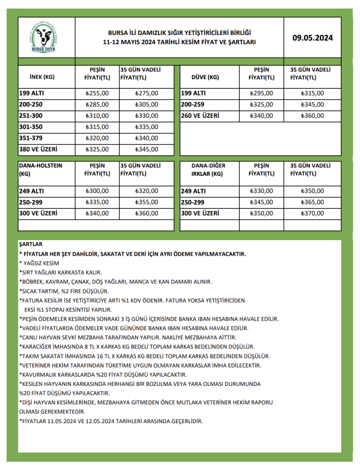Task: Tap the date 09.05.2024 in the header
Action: (x=313, y=38)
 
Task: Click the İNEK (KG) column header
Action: (x=42, y=77)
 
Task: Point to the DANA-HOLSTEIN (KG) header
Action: (x=40, y=170)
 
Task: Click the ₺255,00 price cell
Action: (x=97, y=93)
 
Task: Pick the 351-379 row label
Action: (x=29, y=138)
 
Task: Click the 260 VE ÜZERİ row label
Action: (x=200, y=116)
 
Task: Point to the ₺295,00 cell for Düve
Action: (x=261, y=93)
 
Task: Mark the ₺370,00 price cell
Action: (x=312, y=213)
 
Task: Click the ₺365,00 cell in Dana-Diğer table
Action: (x=312, y=202)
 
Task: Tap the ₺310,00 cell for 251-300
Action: (x=97, y=116)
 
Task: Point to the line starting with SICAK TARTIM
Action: (x=64, y=291)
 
